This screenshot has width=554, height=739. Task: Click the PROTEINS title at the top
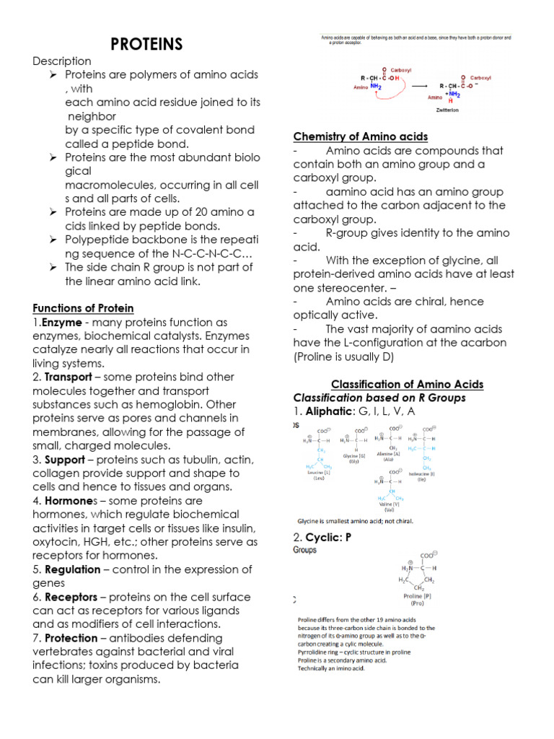point(146,45)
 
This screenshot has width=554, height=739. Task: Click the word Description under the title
point(62,61)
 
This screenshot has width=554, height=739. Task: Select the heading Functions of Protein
point(83,309)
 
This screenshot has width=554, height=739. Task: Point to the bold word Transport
point(68,377)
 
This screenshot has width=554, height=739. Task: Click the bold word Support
point(65,460)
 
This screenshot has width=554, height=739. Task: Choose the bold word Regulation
point(72,569)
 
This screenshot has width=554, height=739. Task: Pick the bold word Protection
point(71,638)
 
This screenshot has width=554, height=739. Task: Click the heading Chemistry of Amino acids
point(361,136)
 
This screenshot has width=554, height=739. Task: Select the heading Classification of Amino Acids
point(407,384)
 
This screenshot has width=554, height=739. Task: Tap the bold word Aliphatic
point(330,411)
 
